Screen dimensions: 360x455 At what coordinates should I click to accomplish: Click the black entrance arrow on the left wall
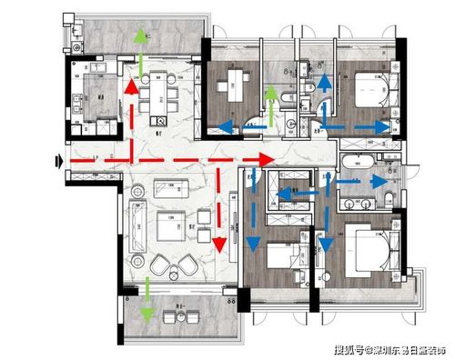pos(59,161)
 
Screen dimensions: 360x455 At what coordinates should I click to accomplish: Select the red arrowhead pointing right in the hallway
pos(267,160)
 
